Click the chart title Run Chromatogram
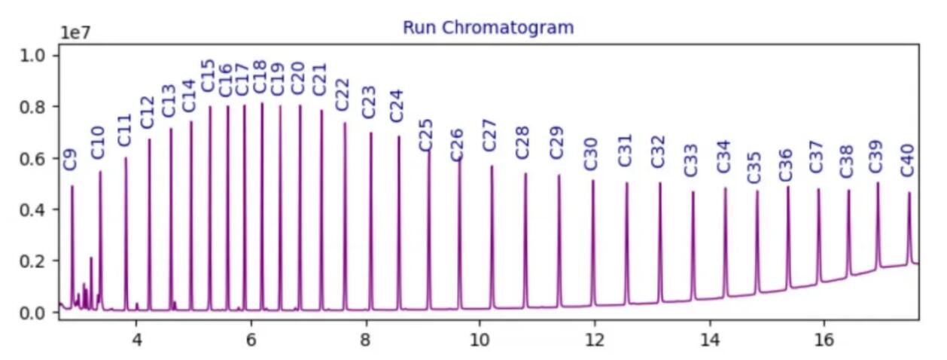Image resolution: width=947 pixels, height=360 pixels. (488, 28)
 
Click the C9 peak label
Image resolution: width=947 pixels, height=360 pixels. (70, 159)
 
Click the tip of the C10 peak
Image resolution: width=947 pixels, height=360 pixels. (100, 172)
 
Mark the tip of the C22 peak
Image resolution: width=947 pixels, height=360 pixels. (345, 124)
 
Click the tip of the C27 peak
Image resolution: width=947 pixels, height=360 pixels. (492, 166)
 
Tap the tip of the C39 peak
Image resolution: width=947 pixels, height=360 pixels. (877, 183)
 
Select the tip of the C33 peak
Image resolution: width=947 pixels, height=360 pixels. (693, 192)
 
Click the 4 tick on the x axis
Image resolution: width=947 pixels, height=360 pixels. (137, 339)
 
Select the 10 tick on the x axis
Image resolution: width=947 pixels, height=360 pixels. (480, 339)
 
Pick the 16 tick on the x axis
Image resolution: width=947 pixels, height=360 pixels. (824, 339)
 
